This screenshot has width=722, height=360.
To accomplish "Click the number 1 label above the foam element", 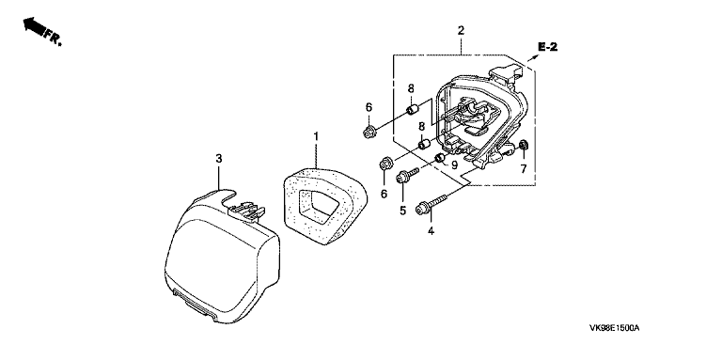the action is point(316,136).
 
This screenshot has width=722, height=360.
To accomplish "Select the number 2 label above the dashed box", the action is point(461,31).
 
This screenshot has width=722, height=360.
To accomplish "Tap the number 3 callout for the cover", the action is point(219,158).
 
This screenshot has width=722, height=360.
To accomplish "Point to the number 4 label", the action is point(431,231).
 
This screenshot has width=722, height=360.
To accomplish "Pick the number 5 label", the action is point(403,211).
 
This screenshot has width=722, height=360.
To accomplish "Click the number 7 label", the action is point(524,169).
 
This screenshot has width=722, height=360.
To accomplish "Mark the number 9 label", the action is point(454,164).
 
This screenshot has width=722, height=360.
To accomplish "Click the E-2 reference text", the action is point(548,46).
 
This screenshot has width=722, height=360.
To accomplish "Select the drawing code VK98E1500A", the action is point(615,328).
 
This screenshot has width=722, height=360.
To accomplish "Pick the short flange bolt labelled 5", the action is point(408,175).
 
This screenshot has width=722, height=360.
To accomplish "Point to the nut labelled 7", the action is point(523,146).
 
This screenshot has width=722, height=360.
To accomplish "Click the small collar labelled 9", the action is point(440,158).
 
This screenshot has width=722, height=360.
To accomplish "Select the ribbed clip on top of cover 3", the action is point(247,211).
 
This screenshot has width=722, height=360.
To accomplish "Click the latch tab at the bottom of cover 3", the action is point(198,305).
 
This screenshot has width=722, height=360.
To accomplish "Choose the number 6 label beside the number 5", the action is point(384,195).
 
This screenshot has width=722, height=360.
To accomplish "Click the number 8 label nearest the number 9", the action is point(421,127).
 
